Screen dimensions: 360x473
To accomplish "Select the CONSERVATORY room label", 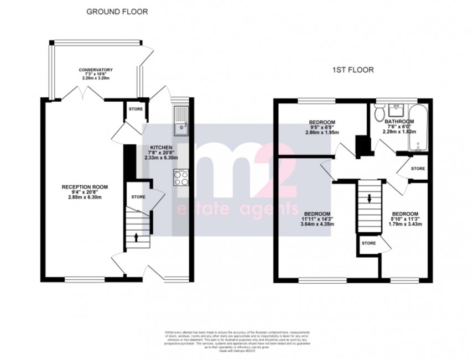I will coord(96,70).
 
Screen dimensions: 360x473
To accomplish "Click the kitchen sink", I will coord(181,123).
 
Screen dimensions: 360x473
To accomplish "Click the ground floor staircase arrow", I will coord(137,237).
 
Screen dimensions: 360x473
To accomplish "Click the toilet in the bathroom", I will coord(380,114).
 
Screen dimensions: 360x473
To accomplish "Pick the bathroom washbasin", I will coord(396,109).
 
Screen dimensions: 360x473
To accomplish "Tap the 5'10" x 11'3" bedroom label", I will coord(406,214).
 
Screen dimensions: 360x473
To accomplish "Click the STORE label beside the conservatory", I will coord(136,109).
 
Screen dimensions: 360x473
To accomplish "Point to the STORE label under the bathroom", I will coord(418,168).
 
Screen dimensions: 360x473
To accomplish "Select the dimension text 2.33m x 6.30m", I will coord(160,158).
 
